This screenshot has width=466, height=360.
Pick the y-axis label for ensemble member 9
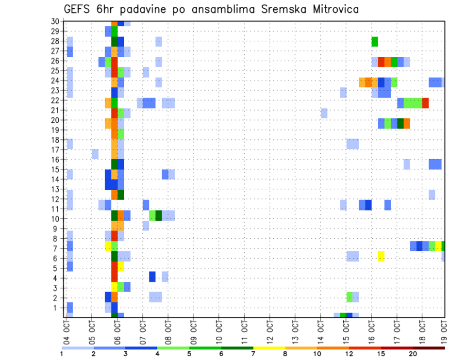56,229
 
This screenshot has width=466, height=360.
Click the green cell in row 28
375,42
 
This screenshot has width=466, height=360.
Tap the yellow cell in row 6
381,256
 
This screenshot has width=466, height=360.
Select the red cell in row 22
425,103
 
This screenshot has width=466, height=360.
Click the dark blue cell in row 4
152,277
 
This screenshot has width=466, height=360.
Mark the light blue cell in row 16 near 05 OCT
95,154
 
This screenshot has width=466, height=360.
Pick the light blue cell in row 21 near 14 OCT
324,113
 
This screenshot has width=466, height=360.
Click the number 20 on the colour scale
413,354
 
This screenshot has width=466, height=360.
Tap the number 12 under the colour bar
349,354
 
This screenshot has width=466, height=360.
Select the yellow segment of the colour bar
269,348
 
